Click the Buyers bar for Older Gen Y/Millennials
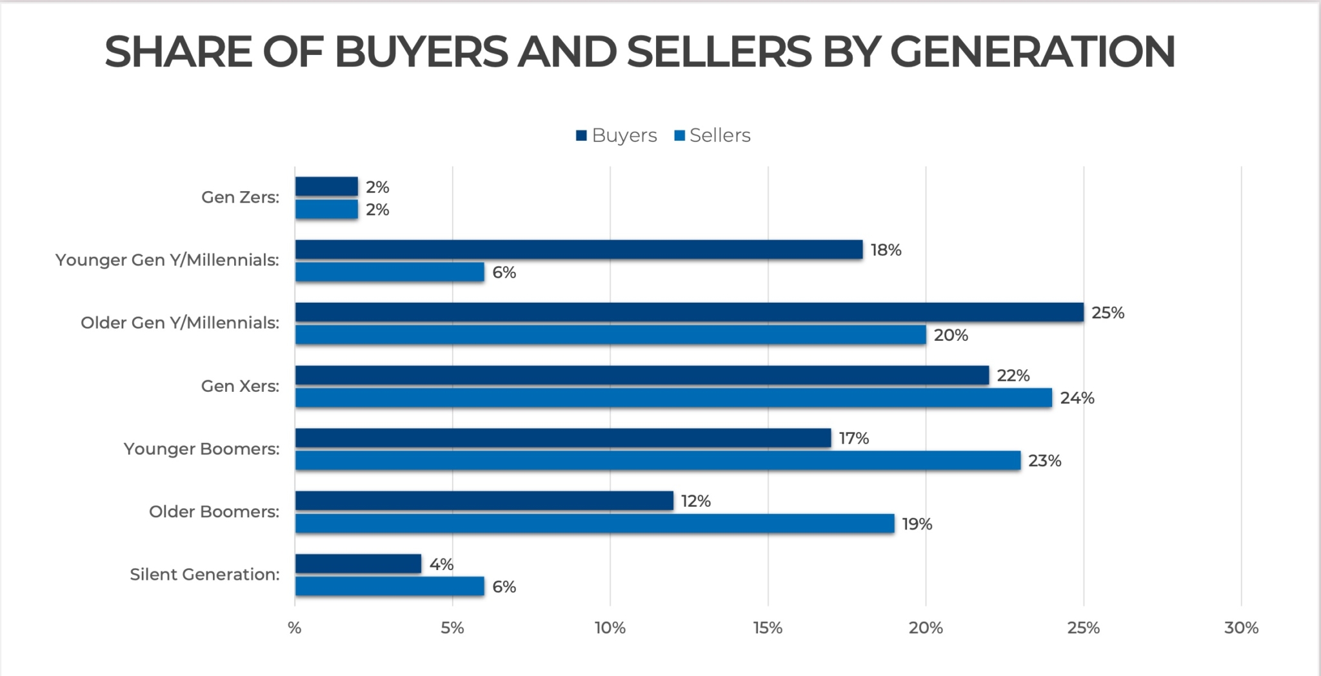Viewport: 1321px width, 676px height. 689,312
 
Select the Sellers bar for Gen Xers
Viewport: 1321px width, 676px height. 673,398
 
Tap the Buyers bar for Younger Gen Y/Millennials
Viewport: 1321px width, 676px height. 579,250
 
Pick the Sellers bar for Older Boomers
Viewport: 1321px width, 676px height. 595,524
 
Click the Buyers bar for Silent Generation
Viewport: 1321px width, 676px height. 358,564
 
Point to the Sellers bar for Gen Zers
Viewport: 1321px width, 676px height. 326,209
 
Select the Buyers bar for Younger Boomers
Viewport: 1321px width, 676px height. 563,438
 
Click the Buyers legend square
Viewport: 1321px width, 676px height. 581,136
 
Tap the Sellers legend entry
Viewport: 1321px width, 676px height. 712,136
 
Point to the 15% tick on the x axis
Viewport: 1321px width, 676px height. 768,628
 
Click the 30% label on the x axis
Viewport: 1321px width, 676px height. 1241,628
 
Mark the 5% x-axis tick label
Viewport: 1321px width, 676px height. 452,628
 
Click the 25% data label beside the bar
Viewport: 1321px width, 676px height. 1107,313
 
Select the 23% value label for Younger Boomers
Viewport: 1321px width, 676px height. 1044,461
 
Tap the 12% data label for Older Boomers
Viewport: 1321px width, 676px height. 695,501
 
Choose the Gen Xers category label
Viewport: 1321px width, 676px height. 240,386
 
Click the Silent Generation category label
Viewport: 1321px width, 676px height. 204,575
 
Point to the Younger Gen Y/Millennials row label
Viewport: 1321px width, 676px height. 167,260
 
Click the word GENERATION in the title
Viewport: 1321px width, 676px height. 1032,52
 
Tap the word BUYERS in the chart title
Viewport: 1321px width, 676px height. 421,52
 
